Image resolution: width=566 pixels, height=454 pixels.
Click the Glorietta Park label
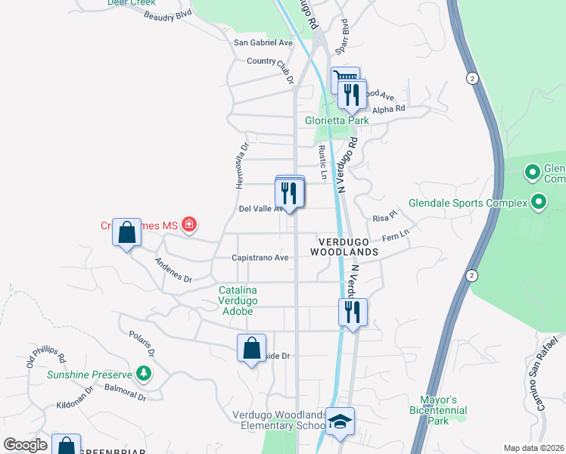(336, 120)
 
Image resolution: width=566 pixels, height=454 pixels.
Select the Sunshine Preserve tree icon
(143, 373)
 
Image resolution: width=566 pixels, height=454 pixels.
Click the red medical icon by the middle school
(188, 225)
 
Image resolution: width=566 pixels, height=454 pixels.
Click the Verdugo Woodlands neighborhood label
(344, 245)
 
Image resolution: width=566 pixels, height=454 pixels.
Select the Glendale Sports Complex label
(467, 203)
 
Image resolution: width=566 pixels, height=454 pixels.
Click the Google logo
(25, 446)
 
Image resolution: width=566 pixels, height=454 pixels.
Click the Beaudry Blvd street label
(169, 16)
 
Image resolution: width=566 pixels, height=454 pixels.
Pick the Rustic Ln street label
(322, 163)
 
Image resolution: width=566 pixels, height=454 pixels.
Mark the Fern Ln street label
(396, 236)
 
